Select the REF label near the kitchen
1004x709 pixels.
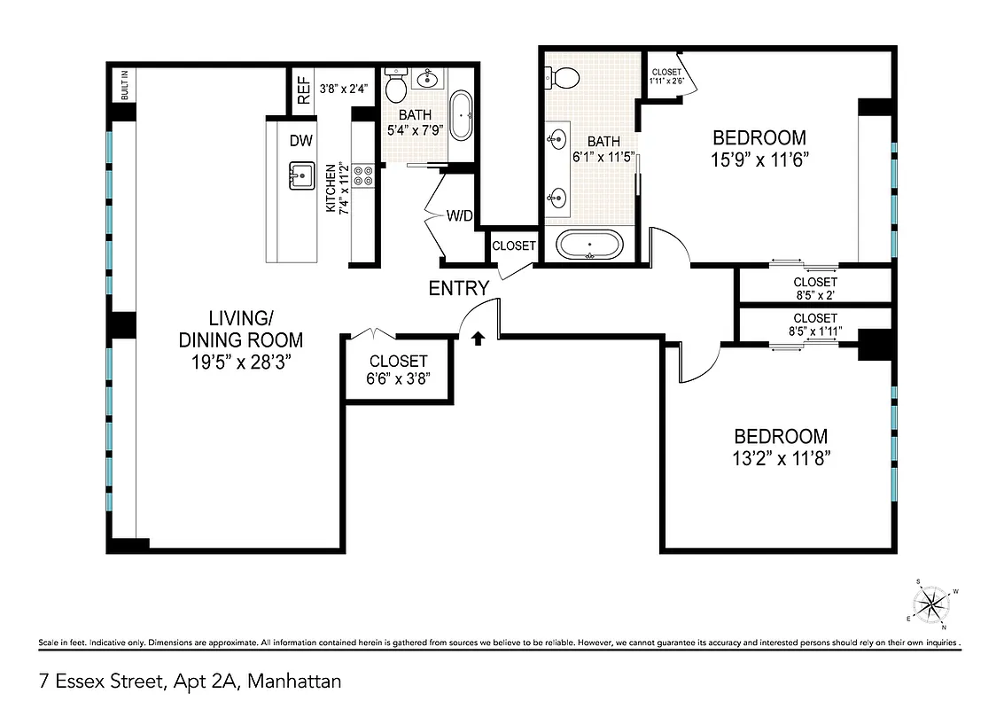(304, 90)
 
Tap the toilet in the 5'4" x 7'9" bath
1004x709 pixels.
(396, 87)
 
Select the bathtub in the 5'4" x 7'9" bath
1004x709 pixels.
(461, 115)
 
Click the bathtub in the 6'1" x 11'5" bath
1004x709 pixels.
(589, 243)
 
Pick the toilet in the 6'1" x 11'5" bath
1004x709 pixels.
(564, 78)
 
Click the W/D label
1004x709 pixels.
(459, 214)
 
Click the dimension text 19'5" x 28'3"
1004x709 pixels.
(240, 362)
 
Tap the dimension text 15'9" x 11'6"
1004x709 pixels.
(759, 160)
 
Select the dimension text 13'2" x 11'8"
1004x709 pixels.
(782, 458)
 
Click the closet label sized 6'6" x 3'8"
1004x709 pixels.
(399, 361)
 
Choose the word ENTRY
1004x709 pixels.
(458, 288)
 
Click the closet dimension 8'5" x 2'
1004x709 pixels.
(814, 295)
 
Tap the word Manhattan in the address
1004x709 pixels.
(294, 682)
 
